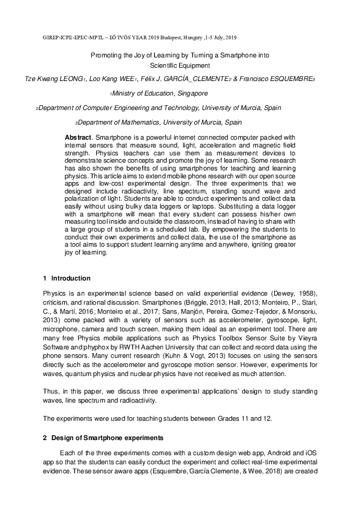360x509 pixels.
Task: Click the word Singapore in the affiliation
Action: click(x=192, y=94)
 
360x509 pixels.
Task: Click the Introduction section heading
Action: click(x=71, y=279)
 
